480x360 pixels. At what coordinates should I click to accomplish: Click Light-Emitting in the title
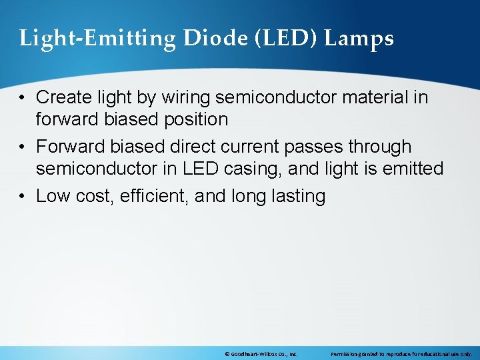97,39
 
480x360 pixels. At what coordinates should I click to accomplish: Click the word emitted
413,169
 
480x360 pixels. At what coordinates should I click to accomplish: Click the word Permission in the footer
345,353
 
